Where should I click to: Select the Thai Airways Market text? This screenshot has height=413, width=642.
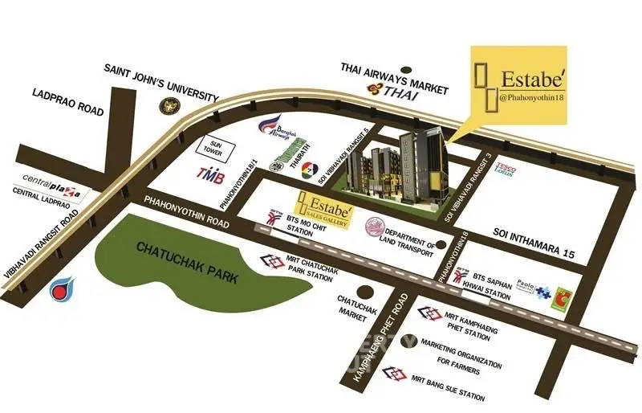click(395, 68)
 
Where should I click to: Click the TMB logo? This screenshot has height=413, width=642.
click(211, 173)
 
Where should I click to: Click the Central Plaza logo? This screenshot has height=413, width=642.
click(51, 178)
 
